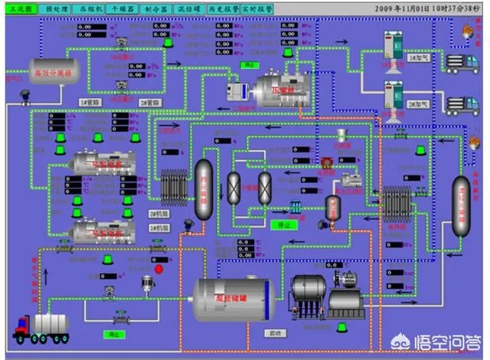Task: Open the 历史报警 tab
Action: (x=223, y=8)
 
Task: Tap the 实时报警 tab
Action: (x=258, y=8)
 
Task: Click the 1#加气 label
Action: (x=418, y=57)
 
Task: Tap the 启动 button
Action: (x=276, y=333)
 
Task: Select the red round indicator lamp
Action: (x=159, y=269)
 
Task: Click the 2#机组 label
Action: (x=158, y=214)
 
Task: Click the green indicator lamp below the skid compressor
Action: (x=340, y=327)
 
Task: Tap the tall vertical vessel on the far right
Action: (x=461, y=205)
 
